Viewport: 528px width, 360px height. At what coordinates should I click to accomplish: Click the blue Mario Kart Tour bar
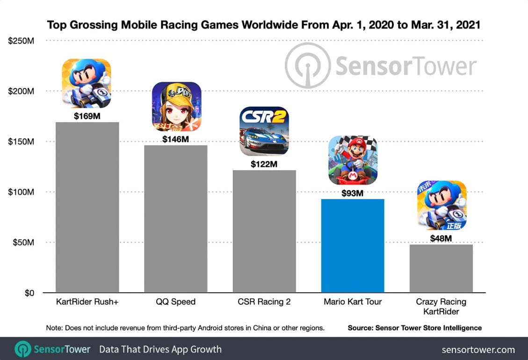tap(353, 246)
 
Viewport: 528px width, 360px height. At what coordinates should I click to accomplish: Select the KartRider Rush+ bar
tap(87, 208)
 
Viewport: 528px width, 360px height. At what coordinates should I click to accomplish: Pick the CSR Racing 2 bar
tap(264, 231)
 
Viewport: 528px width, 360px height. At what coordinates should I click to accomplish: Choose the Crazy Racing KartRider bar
tap(441, 268)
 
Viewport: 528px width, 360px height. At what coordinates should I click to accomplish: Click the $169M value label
tap(87, 116)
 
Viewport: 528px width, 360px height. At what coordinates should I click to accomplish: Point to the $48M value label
tap(441, 238)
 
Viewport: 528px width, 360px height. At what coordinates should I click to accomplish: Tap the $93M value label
tap(353, 193)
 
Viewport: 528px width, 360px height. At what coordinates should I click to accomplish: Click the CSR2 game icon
tap(264, 131)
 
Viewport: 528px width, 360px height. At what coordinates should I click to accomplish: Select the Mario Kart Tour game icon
tap(353, 160)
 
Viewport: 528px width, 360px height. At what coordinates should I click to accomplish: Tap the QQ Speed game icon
tap(176, 107)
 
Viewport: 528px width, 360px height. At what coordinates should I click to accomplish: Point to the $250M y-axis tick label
tap(22, 41)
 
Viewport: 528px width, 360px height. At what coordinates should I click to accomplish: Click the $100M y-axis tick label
tap(22, 192)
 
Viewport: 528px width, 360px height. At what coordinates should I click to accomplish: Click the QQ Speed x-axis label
tap(175, 302)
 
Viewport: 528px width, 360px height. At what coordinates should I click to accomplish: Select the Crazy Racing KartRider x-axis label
tap(441, 307)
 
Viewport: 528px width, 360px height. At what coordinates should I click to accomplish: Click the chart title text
tap(264, 25)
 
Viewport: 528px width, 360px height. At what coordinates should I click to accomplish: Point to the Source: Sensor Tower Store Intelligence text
tap(414, 328)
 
